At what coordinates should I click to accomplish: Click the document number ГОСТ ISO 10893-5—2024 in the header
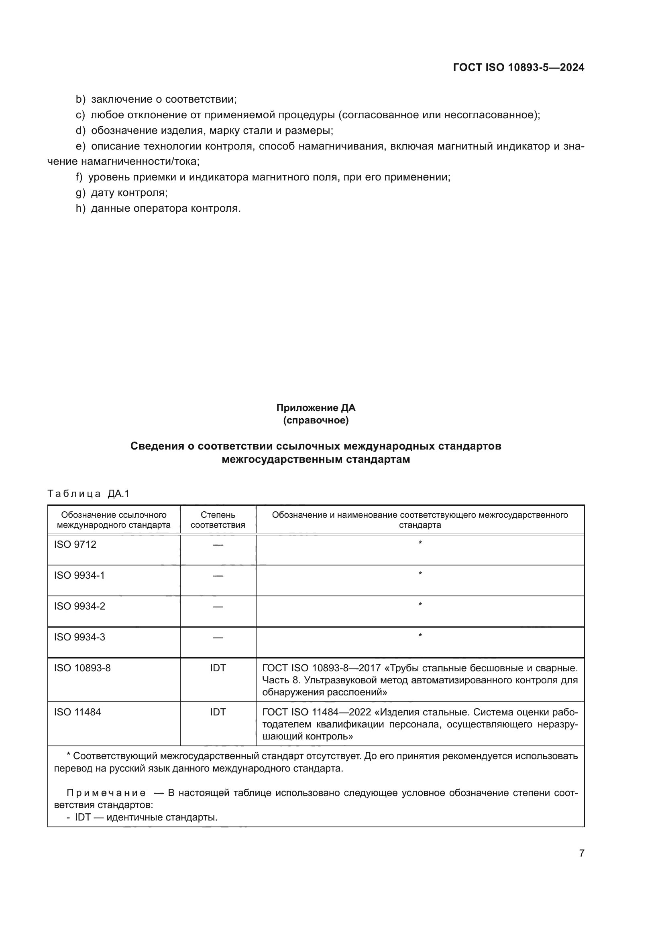point(518,67)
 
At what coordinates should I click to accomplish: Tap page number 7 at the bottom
point(581,853)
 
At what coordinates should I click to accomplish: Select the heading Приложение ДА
point(316,408)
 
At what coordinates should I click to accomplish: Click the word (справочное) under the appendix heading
point(316,420)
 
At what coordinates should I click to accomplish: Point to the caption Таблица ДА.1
point(88,494)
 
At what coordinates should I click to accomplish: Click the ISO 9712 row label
point(75,545)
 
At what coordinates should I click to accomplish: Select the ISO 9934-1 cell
point(79,575)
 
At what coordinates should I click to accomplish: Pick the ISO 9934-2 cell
point(79,606)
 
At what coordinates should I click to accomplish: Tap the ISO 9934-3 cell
point(79,637)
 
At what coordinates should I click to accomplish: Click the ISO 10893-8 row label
point(82,669)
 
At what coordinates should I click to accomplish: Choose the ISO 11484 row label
point(77,713)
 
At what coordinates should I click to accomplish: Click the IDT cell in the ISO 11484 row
point(218,713)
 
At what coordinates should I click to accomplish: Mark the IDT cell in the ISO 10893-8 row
point(218,669)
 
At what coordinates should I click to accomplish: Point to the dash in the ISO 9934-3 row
point(218,638)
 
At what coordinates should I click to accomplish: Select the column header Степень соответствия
point(218,520)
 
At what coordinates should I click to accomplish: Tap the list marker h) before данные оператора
point(81,209)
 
